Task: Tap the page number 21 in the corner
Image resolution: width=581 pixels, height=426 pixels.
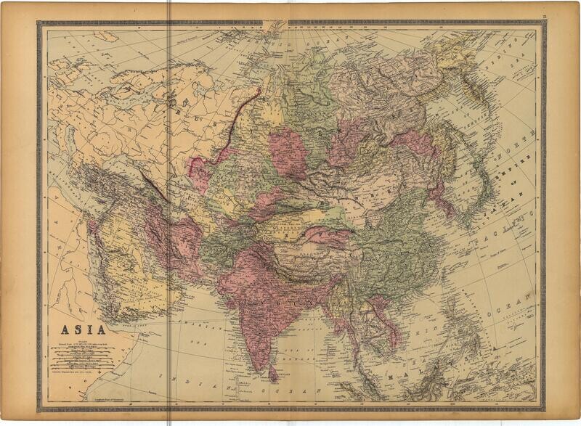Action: coord(553,7)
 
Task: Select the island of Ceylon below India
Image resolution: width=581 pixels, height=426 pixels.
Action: coord(273,374)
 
